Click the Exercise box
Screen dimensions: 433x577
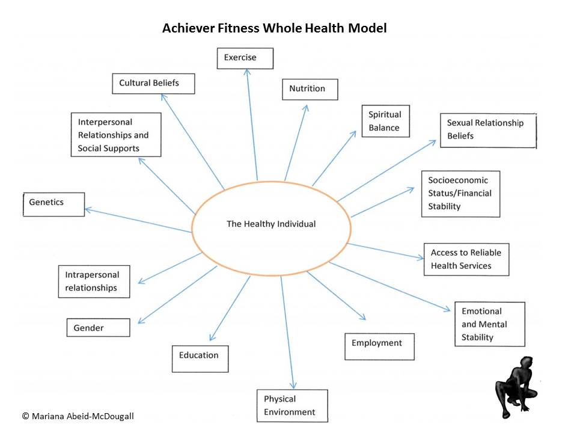click(245, 58)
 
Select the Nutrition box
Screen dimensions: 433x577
click(310, 89)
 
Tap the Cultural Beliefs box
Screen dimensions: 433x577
click(153, 83)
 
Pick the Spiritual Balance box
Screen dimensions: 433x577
click(385, 121)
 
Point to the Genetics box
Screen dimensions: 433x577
click(53, 203)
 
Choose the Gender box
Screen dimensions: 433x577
click(98, 328)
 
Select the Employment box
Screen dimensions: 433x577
click(379, 346)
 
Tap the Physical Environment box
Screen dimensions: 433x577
click(293, 405)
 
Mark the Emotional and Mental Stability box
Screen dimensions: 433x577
click(489, 324)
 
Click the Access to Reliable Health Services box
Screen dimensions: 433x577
click(466, 259)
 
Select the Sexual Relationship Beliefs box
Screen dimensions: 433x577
click(487, 130)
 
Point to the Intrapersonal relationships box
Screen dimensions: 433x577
click(95, 281)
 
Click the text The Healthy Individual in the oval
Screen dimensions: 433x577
click(271, 224)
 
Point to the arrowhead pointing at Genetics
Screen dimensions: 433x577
click(88, 210)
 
